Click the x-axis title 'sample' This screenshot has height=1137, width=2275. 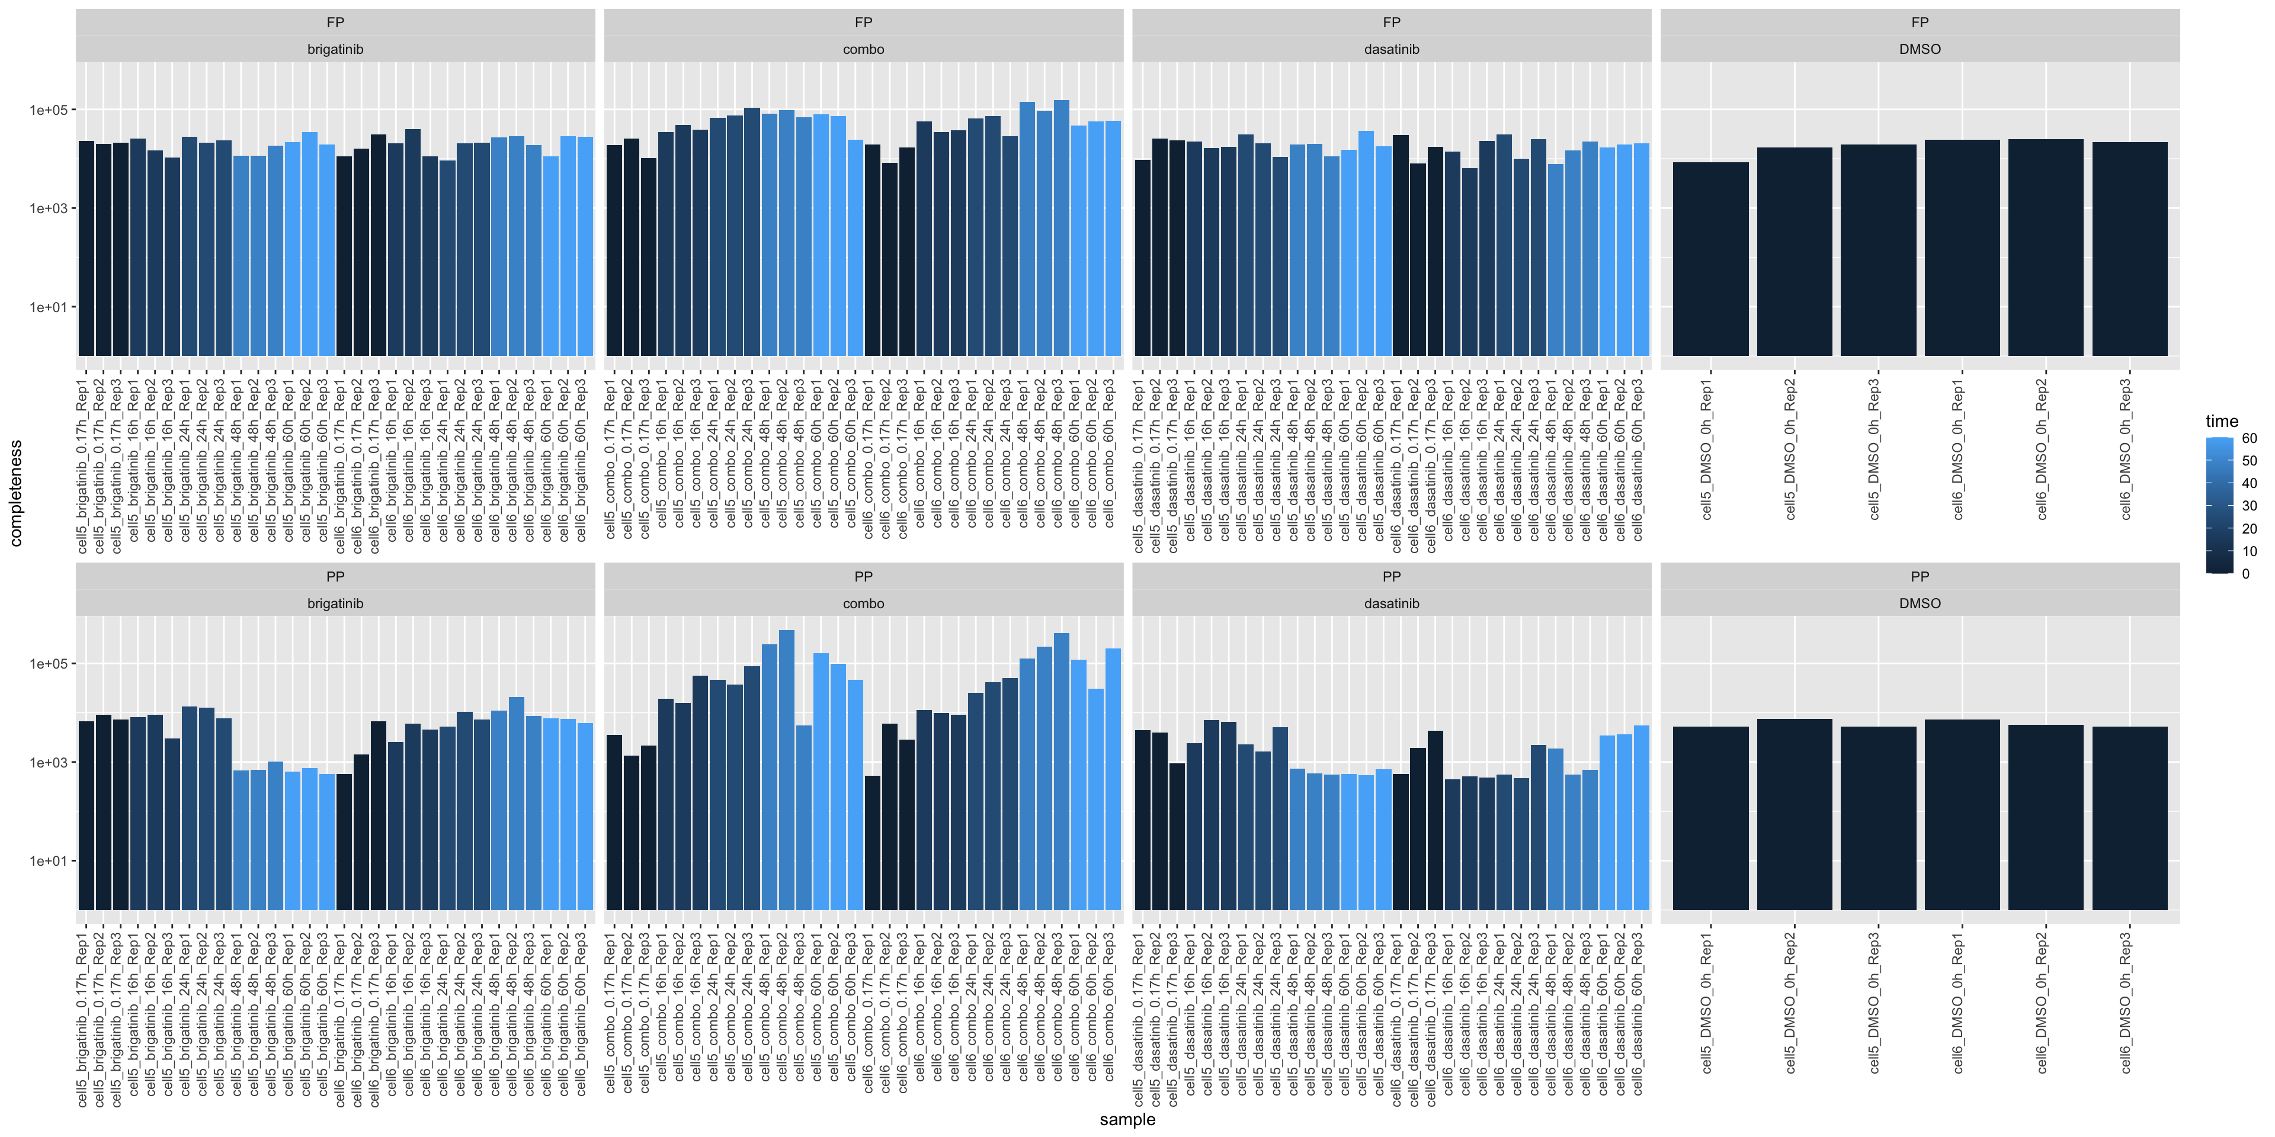(x=1127, y=1119)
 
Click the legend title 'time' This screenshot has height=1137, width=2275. (x=2221, y=421)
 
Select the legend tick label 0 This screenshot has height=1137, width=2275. (x=2246, y=574)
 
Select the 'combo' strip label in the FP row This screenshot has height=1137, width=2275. (x=863, y=49)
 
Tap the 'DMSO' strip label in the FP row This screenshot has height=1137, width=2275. (x=1919, y=49)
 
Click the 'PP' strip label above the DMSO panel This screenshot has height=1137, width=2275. (x=1919, y=576)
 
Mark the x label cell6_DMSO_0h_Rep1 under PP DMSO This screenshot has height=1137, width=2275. (x=1959, y=1003)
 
